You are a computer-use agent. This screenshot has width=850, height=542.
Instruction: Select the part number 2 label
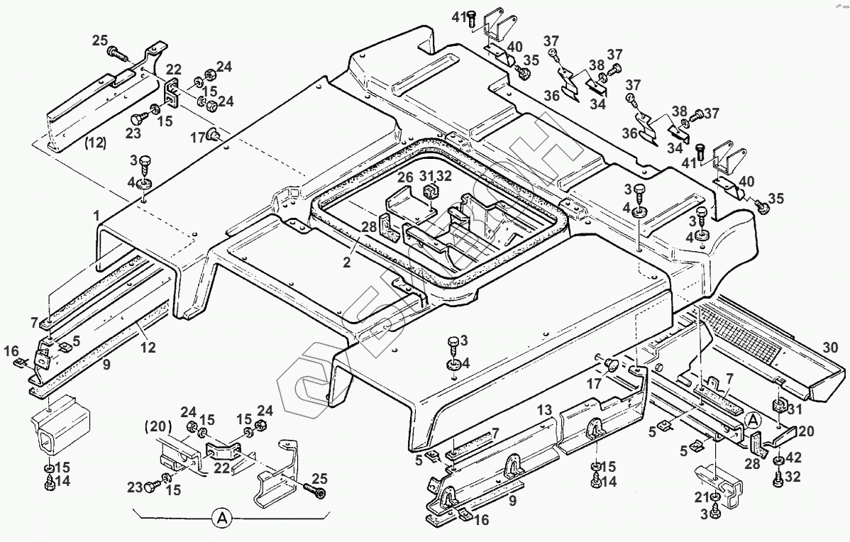coord(347,262)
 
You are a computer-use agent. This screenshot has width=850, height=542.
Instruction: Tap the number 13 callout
coord(544,410)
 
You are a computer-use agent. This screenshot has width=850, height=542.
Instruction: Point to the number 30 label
coord(831,348)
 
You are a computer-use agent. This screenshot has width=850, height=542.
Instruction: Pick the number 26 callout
coord(404,177)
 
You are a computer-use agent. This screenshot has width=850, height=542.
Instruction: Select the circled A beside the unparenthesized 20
coord(754,420)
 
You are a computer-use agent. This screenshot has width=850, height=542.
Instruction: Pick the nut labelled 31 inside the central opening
coord(429,192)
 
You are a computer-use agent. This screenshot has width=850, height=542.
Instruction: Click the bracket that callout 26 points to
coord(408,206)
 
